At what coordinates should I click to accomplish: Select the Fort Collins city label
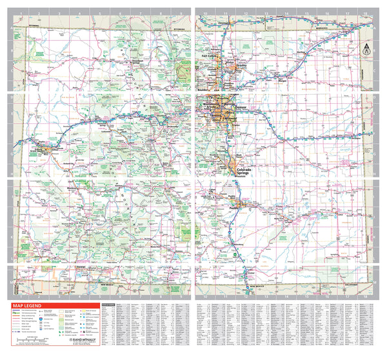[x=211, y=56]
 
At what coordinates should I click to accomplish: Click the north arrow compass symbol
[x=366, y=48]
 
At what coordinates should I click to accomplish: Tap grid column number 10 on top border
[x=204, y=12]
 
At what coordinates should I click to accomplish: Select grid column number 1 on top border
[x=21, y=12]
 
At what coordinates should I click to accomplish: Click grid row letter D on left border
[x=11, y=99]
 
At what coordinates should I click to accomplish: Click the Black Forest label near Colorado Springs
[x=241, y=156]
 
